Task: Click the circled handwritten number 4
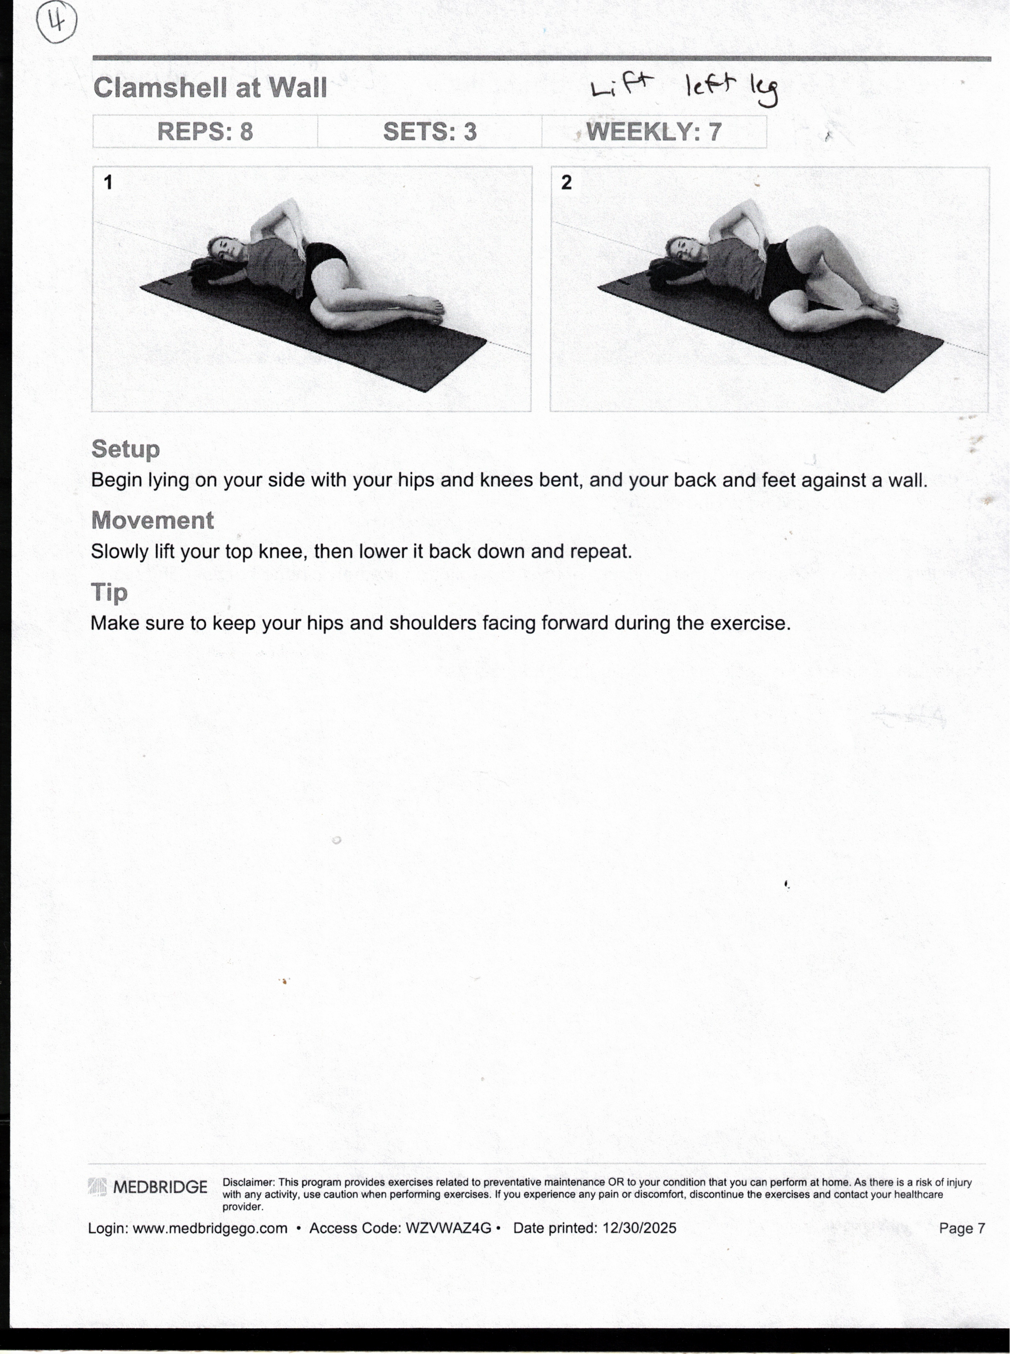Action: (57, 22)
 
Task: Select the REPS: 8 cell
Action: (205, 132)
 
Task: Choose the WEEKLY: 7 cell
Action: (653, 132)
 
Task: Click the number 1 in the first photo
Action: (108, 182)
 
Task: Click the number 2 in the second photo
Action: (566, 182)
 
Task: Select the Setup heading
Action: (125, 449)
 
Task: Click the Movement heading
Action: (152, 520)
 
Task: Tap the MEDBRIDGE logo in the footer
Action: (148, 1187)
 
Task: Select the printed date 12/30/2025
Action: (639, 1228)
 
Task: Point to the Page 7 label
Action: (962, 1228)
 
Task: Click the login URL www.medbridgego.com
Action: (210, 1228)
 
